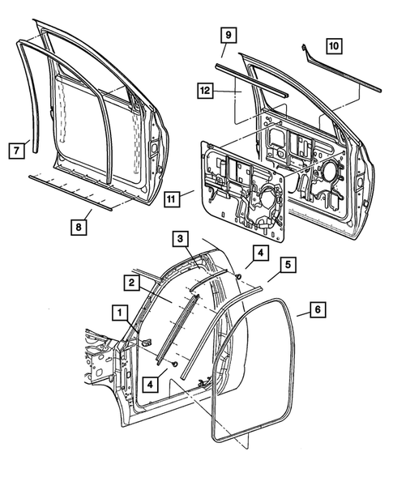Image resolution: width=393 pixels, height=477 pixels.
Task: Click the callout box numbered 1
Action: [x=119, y=312]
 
